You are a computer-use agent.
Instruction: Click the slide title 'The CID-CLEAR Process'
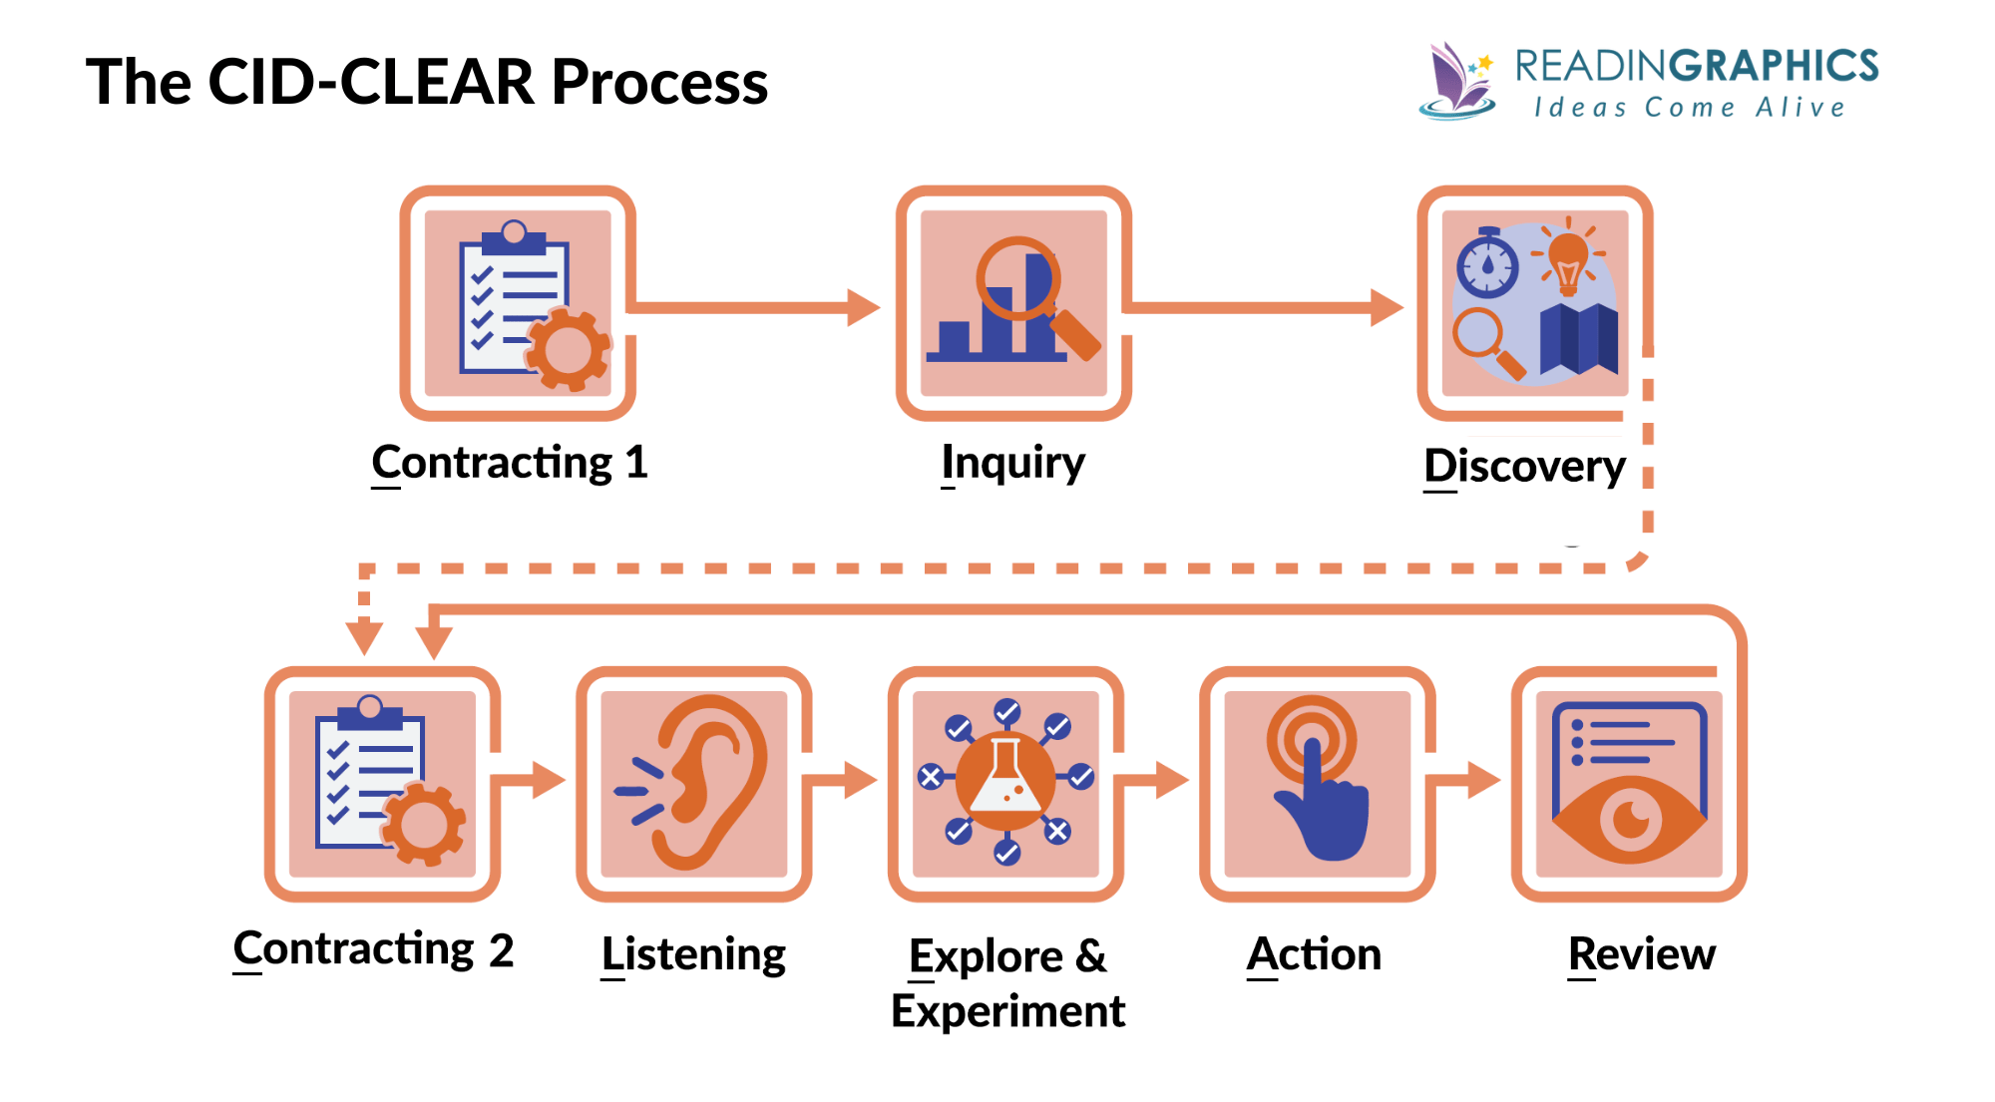(427, 82)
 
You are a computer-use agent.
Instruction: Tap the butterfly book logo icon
(1456, 82)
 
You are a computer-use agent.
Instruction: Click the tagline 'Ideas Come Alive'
(1690, 108)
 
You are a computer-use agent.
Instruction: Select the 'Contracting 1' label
(510, 463)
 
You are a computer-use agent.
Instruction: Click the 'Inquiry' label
(1013, 463)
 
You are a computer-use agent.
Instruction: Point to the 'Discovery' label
(1524, 466)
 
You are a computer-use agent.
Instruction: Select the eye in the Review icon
(1630, 821)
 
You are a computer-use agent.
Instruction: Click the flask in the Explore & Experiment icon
(1005, 781)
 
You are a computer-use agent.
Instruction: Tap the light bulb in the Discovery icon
(1568, 259)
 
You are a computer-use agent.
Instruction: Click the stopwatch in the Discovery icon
(1487, 264)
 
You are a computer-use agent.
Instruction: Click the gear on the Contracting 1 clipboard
(568, 349)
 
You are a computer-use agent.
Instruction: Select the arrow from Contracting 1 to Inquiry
(758, 307)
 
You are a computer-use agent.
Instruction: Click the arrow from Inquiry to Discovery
(1267, 307)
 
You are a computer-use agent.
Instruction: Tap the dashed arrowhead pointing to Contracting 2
(364, 636)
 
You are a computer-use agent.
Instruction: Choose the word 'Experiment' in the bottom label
(1007, 1011)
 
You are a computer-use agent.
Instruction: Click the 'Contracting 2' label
(373, 949)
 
